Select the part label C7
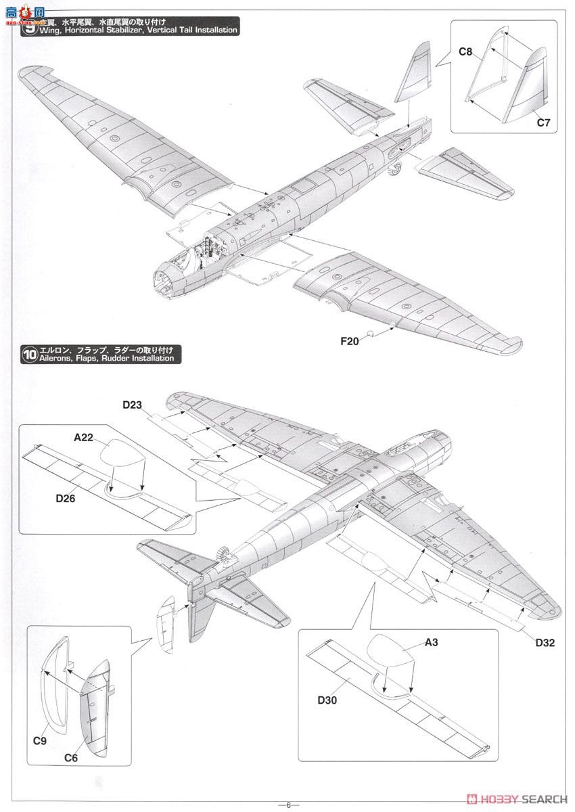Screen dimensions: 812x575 (x=545, y=122)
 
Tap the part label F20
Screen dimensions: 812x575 (x=350, y=341)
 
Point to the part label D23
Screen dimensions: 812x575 (x=133, y=405)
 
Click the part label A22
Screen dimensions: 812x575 (x=83, y=437)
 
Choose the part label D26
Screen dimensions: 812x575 (x=65, y=500)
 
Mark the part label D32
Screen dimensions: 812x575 (x=545, y=643)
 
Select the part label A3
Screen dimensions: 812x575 (x=432, y=643)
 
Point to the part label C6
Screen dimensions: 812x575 (x=71, y=759)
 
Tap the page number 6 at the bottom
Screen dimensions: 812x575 (x=287, y=805)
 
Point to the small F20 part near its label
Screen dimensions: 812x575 (x=371, y=334)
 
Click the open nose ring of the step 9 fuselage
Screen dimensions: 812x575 (x=164, y=281)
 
